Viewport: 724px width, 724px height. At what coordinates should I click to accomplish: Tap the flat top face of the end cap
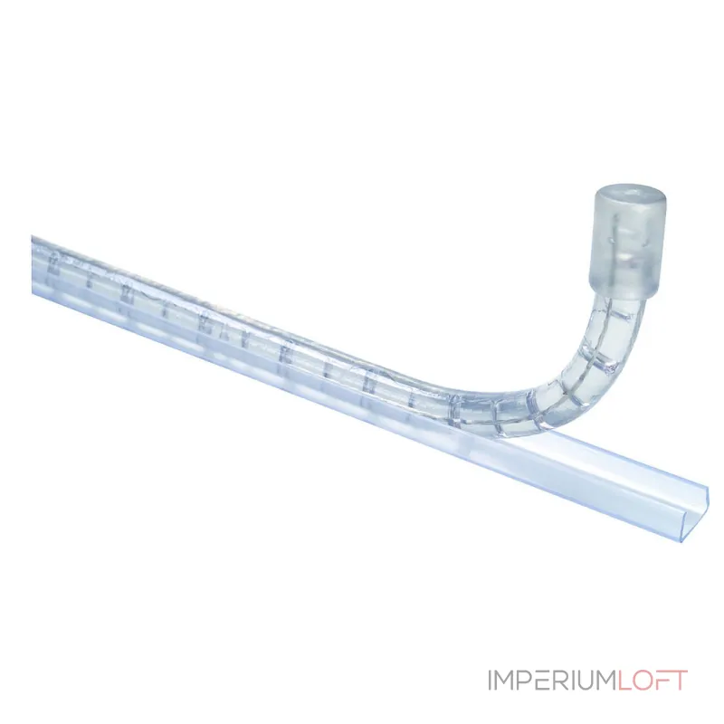point(629,195)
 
